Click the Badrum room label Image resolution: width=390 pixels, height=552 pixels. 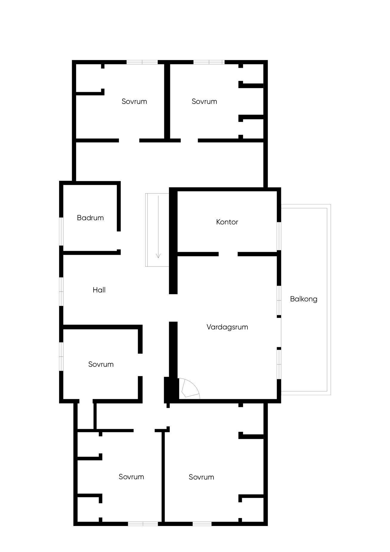[x=90, y=218]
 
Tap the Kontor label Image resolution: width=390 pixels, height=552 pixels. [x=227, y=222]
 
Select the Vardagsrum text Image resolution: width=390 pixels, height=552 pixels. [x=227, y=327]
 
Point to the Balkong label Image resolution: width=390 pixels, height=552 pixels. [x=304, y=299]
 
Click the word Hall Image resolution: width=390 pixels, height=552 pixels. [x=99, y=290]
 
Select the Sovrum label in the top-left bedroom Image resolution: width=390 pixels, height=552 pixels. [x=134, y=101]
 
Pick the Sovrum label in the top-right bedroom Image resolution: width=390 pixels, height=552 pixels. [x=204, y=101]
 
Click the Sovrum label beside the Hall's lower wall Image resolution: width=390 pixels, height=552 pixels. [x=101, y=364]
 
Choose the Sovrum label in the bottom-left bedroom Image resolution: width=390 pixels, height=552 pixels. [x=131, y=477]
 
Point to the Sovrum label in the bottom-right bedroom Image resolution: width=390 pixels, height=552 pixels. [x=201, y=477]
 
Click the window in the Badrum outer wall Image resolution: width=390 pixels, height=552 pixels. [x=61, y=232]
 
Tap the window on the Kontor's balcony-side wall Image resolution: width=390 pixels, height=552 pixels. [x=279, y=236]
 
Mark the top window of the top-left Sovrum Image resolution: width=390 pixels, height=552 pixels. [x=142, y=62]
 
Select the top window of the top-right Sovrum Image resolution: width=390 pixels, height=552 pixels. [x=209, y=62]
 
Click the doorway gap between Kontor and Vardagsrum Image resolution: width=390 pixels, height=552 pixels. [x=228, y=254]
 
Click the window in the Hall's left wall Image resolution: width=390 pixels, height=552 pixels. [x=61, y=292]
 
